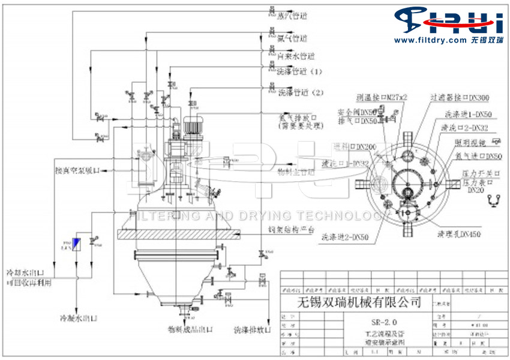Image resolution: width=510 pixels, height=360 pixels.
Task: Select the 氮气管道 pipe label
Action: coord(291,38)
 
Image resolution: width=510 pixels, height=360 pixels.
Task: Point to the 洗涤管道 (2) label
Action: coord(301,93)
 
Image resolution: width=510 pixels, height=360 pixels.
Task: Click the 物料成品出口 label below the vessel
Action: coord(191,329)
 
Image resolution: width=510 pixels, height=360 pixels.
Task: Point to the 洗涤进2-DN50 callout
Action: coord(340,236)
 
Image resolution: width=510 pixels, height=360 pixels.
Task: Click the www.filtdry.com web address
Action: coord(430,40)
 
